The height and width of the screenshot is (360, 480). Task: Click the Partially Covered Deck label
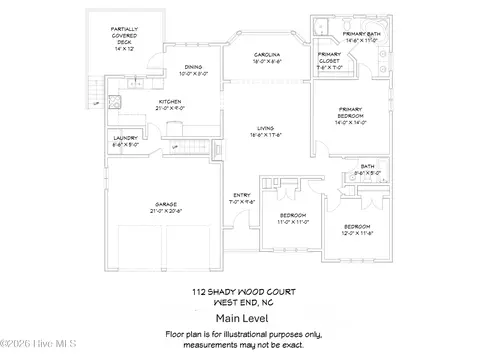[123, 36]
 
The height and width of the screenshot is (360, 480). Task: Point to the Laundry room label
[125, 140]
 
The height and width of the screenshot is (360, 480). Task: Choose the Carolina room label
[265, 58]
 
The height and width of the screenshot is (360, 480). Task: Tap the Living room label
[265, 130]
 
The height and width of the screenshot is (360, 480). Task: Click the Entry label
[241, 198]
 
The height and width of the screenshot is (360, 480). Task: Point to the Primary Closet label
[329, 59]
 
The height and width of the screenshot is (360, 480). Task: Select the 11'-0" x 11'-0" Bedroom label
[292, 217]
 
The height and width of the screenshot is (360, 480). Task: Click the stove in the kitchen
[174, 126]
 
